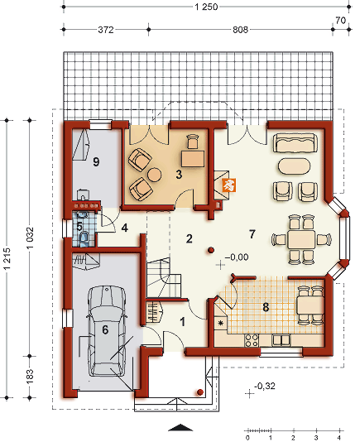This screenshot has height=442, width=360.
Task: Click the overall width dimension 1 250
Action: (x=206, y=7)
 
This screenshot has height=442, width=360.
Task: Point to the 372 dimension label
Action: (x=106, y=30)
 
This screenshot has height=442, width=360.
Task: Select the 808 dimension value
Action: (x=240, y=30)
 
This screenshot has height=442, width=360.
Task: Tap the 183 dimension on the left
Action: (x=30, y=377)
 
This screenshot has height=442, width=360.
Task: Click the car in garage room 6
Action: (x=106, y=330)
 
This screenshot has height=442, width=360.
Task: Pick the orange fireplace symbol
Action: (x=228, y=185)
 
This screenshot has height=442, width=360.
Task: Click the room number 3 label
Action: (x=179, y=174)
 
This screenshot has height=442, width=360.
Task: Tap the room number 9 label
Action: (x=96, y=161)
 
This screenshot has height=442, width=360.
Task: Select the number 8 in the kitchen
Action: (x=266, y=307)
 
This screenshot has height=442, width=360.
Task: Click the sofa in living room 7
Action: (x=295, y=143)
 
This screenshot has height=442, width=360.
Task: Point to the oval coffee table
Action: (x=295, y=166)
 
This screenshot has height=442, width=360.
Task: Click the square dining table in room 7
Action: (x=301, y=239)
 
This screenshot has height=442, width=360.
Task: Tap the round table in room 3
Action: (x=155, y=175)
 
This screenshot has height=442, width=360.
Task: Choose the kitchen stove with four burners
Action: (x=252, y=340)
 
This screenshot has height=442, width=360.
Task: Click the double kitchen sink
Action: (x=281, y=340)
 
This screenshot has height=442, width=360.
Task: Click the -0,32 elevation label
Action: (x=265, y=386)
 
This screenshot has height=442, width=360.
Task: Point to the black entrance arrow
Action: (x=180, y=427)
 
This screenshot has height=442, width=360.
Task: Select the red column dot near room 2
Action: (x=211, y=250)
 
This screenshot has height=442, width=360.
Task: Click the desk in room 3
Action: (x=193, y=159)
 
